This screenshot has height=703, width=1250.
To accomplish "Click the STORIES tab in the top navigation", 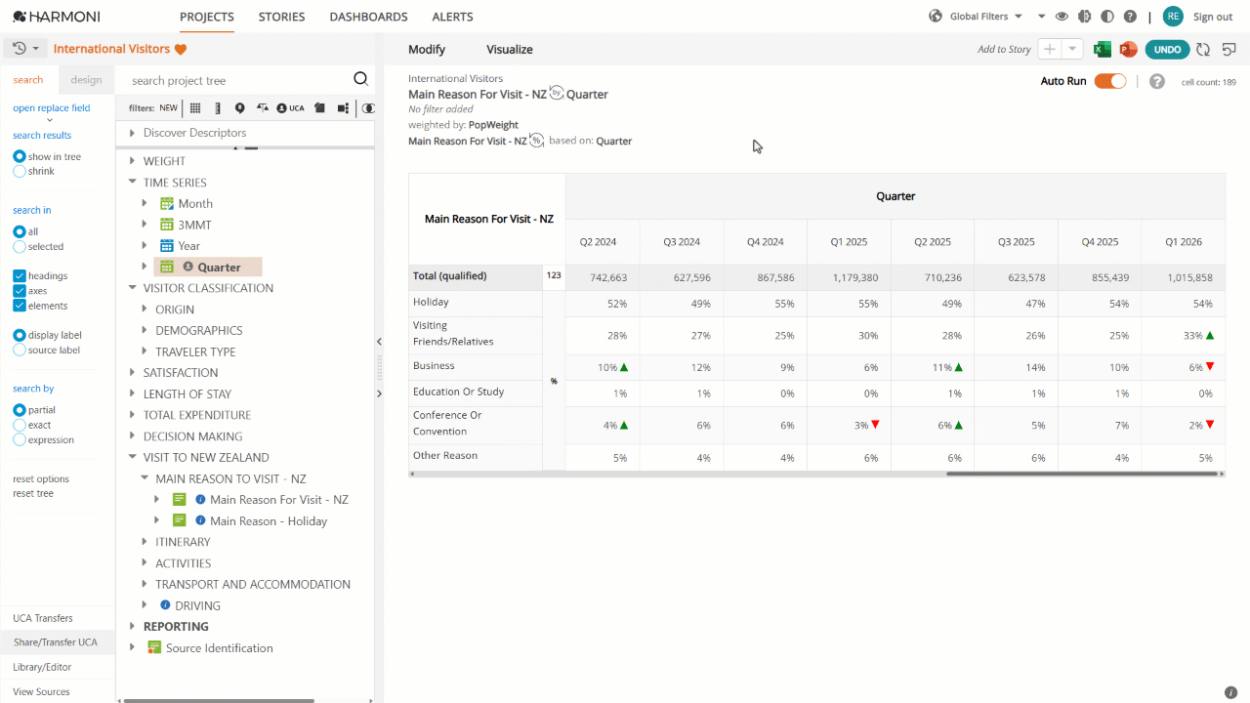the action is click(281, 17).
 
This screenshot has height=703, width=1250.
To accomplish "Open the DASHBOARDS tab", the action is click(368, 17).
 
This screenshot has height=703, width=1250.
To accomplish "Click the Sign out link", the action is click(1213, 17).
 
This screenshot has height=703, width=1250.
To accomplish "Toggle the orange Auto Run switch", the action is click(1110, 81).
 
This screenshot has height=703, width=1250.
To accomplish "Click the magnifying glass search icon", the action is click(361, 79).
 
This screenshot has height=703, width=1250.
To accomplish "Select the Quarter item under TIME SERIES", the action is click(219, 268).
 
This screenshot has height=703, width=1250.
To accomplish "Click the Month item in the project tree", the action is click(195, 204).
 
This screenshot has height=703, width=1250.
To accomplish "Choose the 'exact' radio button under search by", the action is click(20, 425).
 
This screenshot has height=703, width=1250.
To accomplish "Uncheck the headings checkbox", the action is click(20, 276).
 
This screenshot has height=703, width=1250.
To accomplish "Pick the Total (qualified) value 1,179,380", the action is click(855, 278).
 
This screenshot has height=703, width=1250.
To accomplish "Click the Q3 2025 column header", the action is click(1017, 242).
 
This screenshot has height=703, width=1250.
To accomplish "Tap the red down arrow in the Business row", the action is click(1210, 366).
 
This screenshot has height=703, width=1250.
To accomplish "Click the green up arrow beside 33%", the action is click(1210, 335).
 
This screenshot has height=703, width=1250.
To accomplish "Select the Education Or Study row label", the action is click(458, 392).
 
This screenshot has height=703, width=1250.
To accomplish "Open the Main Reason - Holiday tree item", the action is click(269, 521).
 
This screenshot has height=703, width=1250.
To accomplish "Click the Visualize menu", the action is click(510, 50).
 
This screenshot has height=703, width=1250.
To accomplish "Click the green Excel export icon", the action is click(1103, 50).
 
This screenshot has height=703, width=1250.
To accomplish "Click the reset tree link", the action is click(33, 494).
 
